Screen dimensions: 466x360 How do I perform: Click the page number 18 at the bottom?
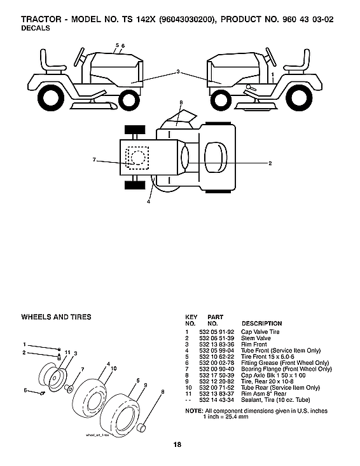[181, 444]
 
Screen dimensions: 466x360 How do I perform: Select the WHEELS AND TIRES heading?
[56, 317]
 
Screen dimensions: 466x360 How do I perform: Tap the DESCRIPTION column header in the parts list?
[261, 324]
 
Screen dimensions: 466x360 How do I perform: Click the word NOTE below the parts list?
[193, 411]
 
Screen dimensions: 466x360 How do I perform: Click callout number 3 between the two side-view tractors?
[179, 72]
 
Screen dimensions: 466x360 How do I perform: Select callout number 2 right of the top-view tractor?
[270, 163]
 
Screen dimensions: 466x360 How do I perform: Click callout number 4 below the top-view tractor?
[148, 202]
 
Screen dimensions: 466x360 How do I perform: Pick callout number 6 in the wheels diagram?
[25, 390]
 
